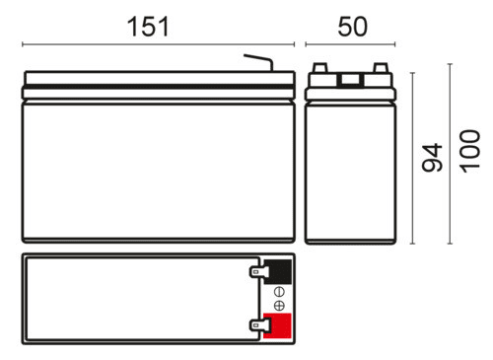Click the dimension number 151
(148, 27)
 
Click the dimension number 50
(352, 27)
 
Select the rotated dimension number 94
(432, 158)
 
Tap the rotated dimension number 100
(470, 151)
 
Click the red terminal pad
(278, 325)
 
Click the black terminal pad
(278, 271)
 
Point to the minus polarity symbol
(279, 292)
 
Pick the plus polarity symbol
(279, 306)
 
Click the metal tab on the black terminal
(258, 272)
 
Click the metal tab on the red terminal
(259, 325)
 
